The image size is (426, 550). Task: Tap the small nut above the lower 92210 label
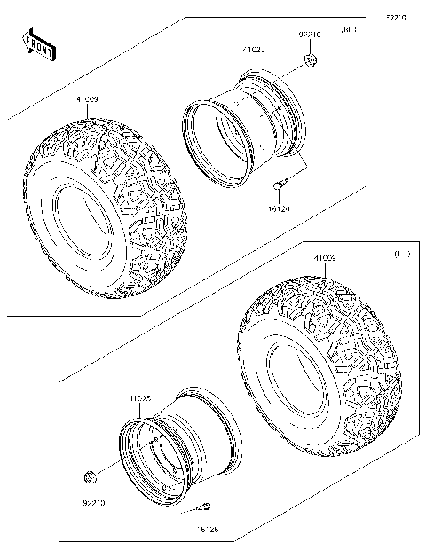(x=89, y=480)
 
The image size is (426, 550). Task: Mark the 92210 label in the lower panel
(x=92, y=502)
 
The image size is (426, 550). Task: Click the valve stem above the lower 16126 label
(x=203, y=507)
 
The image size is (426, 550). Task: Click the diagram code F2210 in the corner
(x=396, y=17)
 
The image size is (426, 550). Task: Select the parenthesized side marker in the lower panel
(x=400, y=255)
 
